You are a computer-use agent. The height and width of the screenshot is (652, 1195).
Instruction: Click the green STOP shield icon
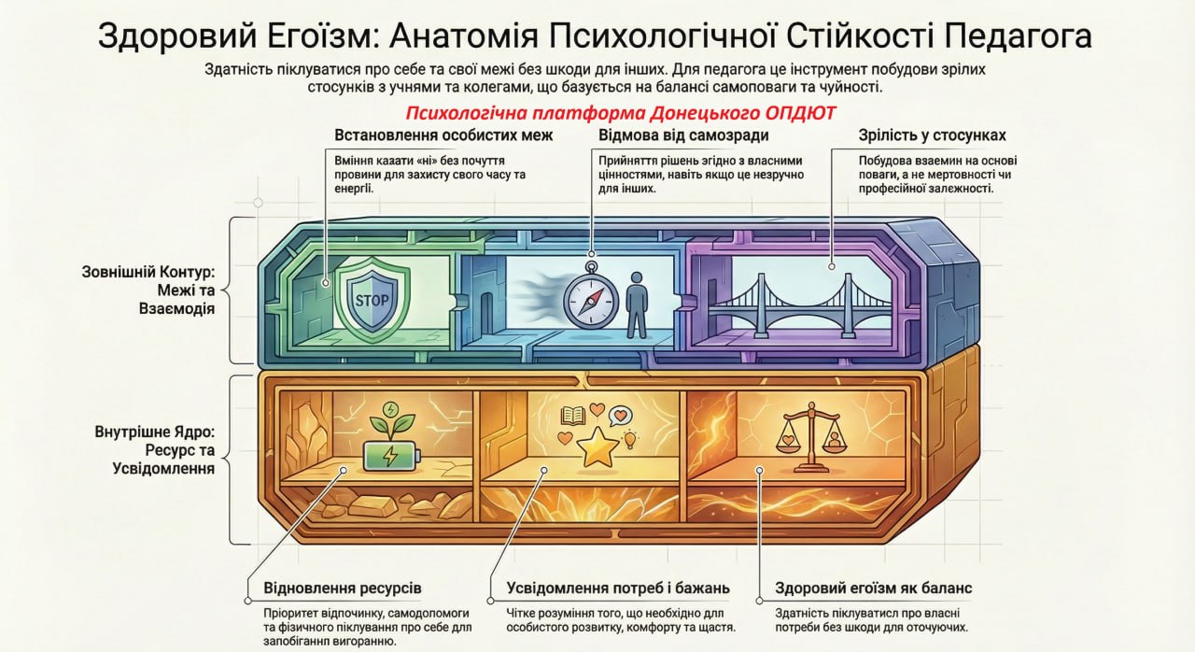tap(372, 300)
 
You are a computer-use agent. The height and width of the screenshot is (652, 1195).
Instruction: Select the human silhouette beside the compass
tap(637, 305)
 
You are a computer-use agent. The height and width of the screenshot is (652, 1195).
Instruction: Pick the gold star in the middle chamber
tap(596, 447)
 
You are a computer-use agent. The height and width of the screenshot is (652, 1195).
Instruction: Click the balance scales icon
tap(805, 440)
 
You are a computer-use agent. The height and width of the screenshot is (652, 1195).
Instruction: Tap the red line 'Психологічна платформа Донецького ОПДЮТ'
tap(621, 113)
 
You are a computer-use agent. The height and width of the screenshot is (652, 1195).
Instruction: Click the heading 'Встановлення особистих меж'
tap(443, 135)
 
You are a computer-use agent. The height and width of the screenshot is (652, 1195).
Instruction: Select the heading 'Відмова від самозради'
tap(683, 135)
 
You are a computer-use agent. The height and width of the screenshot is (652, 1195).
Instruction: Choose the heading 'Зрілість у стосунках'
tap(932, 135)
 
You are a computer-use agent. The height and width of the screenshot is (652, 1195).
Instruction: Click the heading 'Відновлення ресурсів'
tap(344, 588)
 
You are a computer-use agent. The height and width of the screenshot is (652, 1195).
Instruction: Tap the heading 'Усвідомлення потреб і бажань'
tap(617, 588)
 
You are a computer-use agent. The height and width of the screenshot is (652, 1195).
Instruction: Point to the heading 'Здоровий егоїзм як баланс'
tap(874, 588)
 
